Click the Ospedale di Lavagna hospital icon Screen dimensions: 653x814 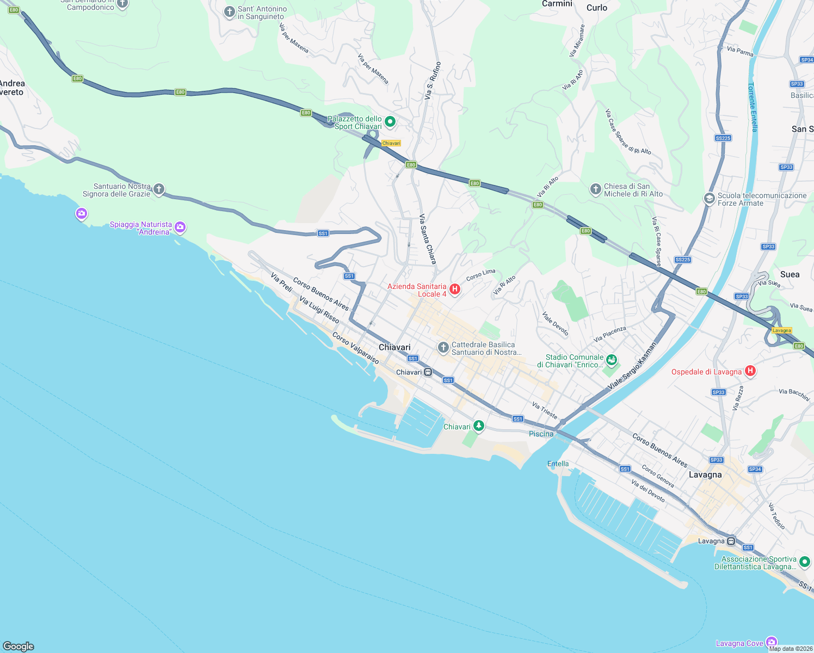tap(750, 371)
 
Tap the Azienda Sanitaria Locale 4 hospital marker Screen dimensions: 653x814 tap(455, 289)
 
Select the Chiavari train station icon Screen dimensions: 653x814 tap(428, 372)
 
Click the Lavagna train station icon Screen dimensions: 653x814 tap(731, 541)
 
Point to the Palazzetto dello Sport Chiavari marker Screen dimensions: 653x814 tap(390, 121)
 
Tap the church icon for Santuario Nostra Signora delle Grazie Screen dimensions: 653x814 tap(159, 189)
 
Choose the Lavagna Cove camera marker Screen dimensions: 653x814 tap(771, 642)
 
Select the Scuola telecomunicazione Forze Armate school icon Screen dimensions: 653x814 tap(709, 198)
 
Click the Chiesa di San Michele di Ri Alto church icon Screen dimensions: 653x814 tap(596, 189)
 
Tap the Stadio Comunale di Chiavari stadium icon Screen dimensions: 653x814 tap(612, 360)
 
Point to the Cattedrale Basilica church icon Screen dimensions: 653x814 tap(443, 347)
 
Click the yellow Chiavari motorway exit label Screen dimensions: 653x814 tap(391, 143)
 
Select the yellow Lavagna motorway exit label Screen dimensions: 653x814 tap(782, 330)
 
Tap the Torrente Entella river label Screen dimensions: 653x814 tap(753, 107)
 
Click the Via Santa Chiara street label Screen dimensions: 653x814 tap(428, 239)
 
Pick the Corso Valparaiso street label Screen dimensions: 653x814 tap(356, 348)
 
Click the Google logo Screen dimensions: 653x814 tap(18, 646)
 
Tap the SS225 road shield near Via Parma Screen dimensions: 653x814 tap(723, 138)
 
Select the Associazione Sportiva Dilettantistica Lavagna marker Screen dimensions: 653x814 tap(805, 562)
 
